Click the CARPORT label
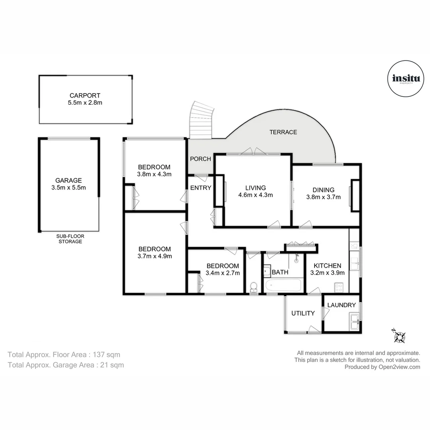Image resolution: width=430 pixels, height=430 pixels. click(85, 96)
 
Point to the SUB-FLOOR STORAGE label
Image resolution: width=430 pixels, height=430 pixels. click(70, 238)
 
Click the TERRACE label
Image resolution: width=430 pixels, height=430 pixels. click(283, 132)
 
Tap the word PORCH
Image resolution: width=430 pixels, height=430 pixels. click(200, 159)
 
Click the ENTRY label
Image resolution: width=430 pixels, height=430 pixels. click(201, 188)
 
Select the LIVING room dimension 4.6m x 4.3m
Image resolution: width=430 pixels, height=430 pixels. click(255, 195)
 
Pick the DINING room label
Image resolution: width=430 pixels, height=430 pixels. click(323, 190)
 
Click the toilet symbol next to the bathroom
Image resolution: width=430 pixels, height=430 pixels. click(253, 287)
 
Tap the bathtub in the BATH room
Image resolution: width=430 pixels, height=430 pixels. click(283, 285)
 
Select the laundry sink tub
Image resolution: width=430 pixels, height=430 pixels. click(354, 321)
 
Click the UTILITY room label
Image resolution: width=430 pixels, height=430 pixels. click(303, 313)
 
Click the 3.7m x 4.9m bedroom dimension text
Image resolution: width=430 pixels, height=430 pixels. click(155, 256)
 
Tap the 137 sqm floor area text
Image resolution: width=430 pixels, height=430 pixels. click(106, 354)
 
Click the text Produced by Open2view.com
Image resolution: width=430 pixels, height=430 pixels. click(382, 367)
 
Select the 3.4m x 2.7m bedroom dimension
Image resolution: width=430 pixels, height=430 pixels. click(223, 273)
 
